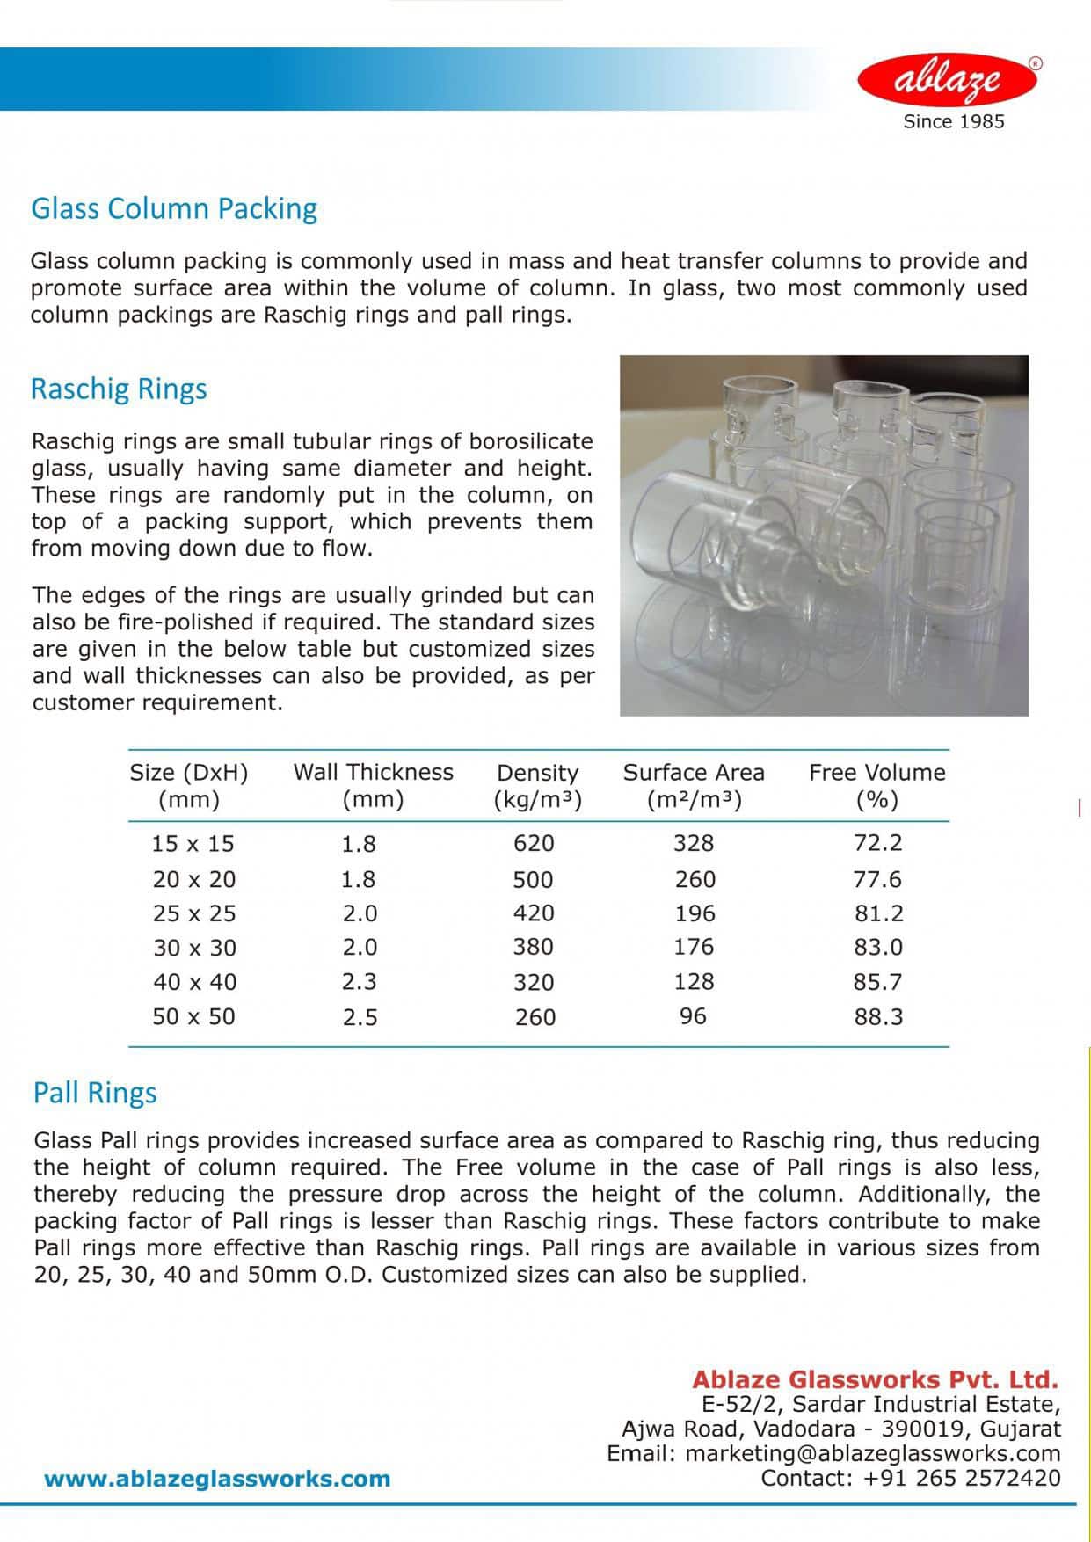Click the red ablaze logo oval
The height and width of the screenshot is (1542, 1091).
click(948, 80)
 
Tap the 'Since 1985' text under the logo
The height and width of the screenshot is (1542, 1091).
click(953, 122)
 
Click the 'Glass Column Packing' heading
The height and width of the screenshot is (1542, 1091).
click(174, 208)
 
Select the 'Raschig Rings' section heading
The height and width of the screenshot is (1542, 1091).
click(119, 389)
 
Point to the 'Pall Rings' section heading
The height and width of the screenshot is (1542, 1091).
click(95, 1093)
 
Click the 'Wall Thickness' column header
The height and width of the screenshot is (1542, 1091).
click(373, 773)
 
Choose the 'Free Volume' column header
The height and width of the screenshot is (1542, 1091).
click(876, 773)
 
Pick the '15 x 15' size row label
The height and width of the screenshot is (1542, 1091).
click(193, 844)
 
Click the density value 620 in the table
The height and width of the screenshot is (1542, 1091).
click(534, 844)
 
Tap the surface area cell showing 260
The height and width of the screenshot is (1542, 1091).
click(695, 879)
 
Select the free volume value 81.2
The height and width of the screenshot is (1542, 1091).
click(878, 913)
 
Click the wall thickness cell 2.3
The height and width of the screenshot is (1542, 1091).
click(359, 982)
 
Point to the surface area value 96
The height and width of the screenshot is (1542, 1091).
click(693, 1016)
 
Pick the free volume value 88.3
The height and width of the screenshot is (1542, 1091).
click(878, 1017)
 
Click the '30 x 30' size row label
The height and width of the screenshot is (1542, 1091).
click(194, 948)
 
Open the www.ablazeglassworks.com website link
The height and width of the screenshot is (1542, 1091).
click(217, 1479)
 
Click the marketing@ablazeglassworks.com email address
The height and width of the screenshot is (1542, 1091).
click(872, 1454)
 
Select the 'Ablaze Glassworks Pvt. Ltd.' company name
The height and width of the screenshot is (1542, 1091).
click(875, 1379)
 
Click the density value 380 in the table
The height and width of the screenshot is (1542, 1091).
click(534, 947)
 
